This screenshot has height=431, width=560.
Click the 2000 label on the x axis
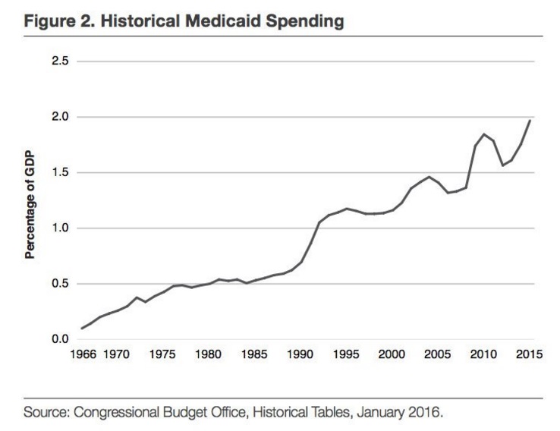(x=392, y=355)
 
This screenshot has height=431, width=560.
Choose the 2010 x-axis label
(x=484, y=355)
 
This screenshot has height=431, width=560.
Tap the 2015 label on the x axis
(x=530, y=355)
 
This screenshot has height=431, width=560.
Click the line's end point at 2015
(x=530, y=120)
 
